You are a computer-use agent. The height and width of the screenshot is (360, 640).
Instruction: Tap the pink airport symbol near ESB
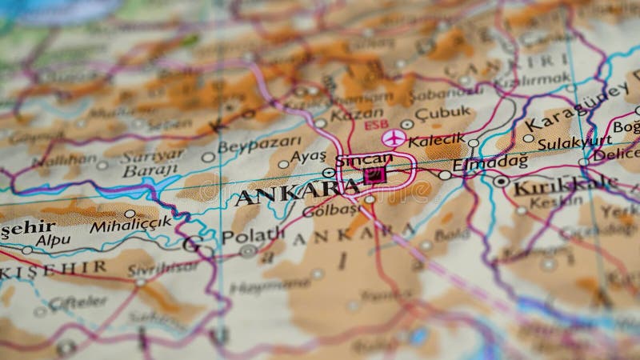[392, 138]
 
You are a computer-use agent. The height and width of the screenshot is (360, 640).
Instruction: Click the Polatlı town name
[253, 235]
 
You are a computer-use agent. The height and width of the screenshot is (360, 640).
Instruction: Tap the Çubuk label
[442, 114]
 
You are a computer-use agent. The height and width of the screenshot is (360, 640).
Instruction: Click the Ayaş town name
[308, 156]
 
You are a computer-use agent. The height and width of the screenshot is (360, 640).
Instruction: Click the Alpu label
[53, 239]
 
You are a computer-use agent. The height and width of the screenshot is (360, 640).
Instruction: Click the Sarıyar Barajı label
[152, 162]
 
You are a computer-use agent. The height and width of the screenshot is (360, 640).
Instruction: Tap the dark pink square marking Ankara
[374, 174]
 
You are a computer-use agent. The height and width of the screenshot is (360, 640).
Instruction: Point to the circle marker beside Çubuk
[407, 124]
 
